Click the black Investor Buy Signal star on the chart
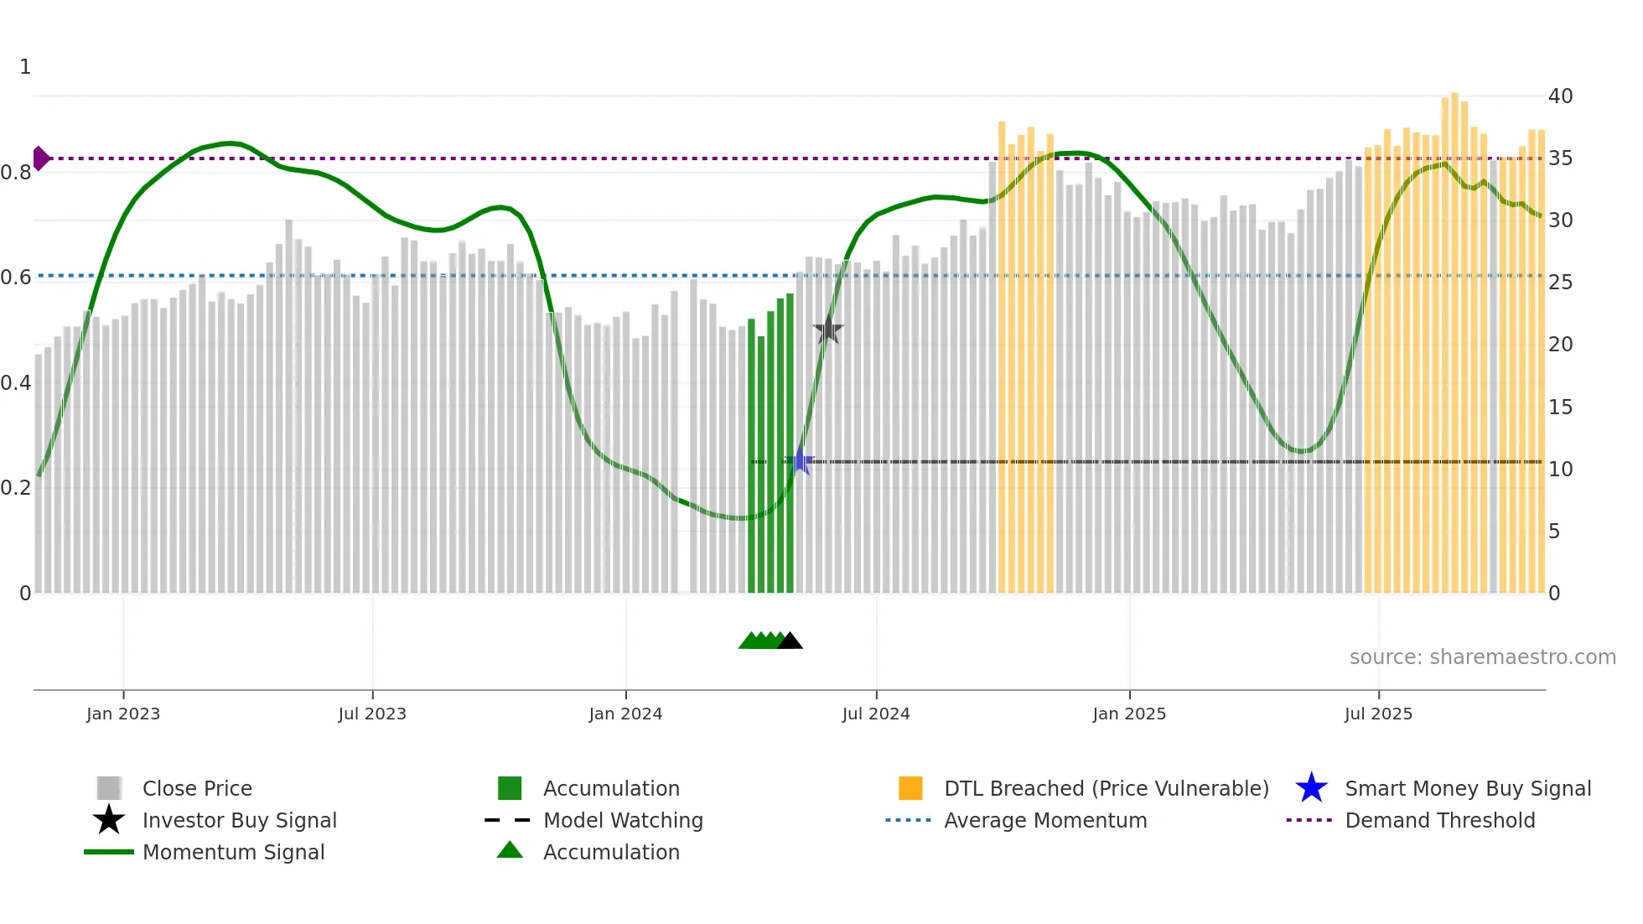pyautogui.click(x=828, y=330)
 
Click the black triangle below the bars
pyautogui.click(x=790, y=641)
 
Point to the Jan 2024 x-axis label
pyautogui.click(x=625, y=714)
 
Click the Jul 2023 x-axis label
pyautogui.click(x=372, y=714)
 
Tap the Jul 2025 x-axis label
pyautogui.click(x=1378, y=714)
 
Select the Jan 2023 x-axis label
pyautogui.click(x=123, y=714)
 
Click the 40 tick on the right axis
pyautogui.click(x=1560, y=96)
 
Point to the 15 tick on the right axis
pyautogui.click(x=1560, y=407)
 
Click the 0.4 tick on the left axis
pyautogui.click(x=16, y=383)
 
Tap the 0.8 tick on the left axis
pyautogui.click(x=16, y=173)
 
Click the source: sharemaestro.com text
pyautogui.click(x=1482, y=657)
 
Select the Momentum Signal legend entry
pyautogui.click(x=233, y=852)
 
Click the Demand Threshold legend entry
pyautogui.click(x=1439, y=820)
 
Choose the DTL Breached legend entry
pyautogui.click(x=1106, y=788)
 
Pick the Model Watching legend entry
pyautogui.click(x=623, y=820)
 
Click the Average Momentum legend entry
pyautogui.click(x=1045, y=820)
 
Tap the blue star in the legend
pyautogui.click(x=1311, y=788)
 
